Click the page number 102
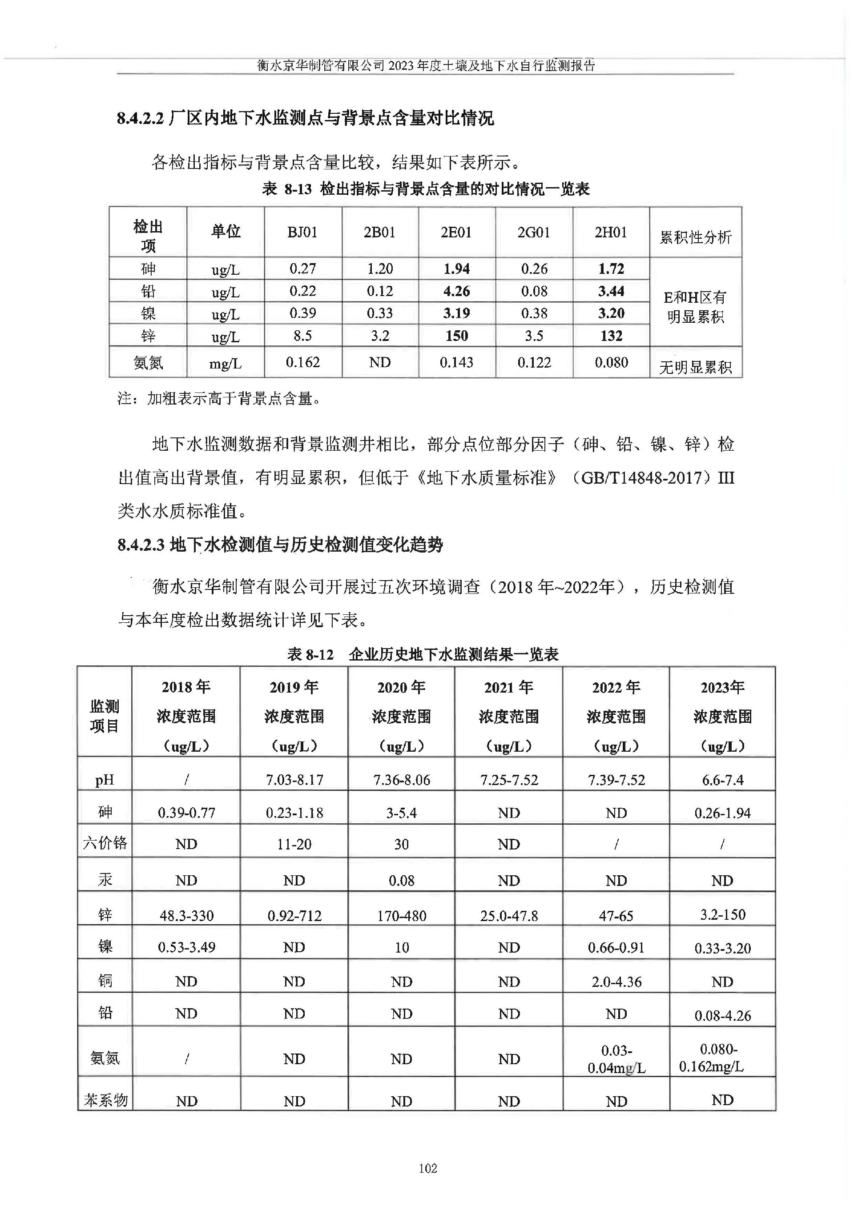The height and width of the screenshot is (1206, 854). pos(427,1168)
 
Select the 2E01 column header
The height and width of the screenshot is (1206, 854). pos(456,232)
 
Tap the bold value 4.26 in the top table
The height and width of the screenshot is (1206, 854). pos(456,291)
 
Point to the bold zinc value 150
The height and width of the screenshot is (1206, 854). pos(456,336)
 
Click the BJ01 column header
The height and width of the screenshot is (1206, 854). pos(302,232)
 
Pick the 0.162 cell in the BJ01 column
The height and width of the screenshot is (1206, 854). pos(302,362)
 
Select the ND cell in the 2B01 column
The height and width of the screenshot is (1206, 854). pos(380,362)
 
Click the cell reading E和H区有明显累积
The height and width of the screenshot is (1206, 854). pos(695,307)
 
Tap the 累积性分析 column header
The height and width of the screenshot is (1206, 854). pos(695,237)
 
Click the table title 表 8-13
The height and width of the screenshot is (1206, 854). pos(286,189)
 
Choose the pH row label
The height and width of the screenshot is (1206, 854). pos(105,780)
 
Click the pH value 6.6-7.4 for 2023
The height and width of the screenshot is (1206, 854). pos(722,780)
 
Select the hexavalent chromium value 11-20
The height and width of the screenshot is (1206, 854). pos(294,845)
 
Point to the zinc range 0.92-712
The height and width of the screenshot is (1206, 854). pos(294,916)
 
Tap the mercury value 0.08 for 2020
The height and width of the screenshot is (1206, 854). pos(401,881)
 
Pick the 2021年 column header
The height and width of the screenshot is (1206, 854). pos(508,687)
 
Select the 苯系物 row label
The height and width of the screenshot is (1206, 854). pos(105,1100)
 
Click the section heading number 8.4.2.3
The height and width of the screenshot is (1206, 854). pos(141,545)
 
